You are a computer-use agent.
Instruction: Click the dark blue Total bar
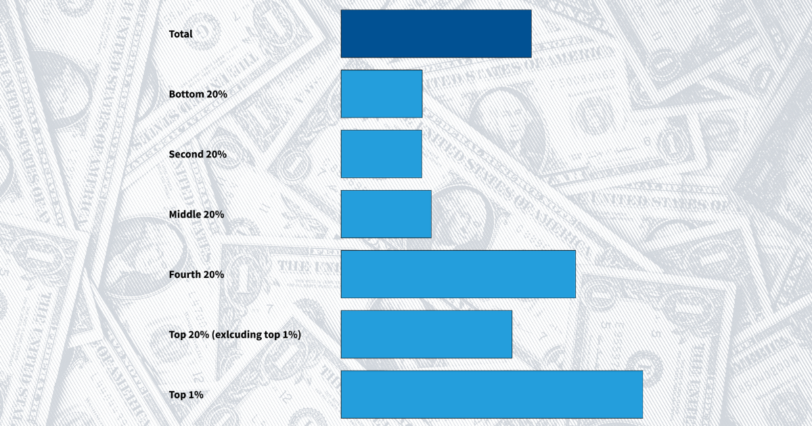tap(436, 33)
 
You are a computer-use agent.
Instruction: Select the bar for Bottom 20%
tap(382, 93)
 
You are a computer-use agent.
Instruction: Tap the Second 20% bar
tap(382, 153)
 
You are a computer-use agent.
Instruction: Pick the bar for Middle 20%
tap(386, 214)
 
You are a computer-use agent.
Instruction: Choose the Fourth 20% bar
tap(458, 274)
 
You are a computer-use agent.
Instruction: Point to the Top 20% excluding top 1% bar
tap(426, 334)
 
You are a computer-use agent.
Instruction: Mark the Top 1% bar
tap(491, 394)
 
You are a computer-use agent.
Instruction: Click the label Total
tap(181, 34)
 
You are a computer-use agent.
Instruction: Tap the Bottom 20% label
tap(198, 94)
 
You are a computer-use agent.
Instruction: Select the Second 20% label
tap(198, 154)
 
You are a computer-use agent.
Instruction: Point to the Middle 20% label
tap(196, 214)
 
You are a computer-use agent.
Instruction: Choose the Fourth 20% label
tap(196, 275)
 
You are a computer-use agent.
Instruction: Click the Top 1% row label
tap(185, 395)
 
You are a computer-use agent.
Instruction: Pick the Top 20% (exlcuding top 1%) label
tap(234, 335)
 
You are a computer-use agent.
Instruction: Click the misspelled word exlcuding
tap(238, 335)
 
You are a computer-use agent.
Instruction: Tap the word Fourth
tap(185, 275)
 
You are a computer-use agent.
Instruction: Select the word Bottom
tap(186, 94)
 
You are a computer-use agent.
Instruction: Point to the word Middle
tap(185, 214)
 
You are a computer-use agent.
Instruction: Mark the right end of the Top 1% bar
tap(641, 394)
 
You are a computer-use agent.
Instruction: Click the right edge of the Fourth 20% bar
tap(574, 274)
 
